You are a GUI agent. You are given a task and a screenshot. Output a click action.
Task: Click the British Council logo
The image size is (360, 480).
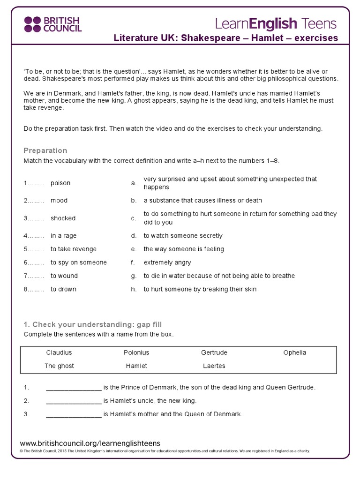tap(52, 24)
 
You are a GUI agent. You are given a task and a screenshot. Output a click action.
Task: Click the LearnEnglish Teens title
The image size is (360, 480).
tap(276, 23)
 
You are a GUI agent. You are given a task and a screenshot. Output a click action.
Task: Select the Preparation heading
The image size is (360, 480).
tap(45, 150)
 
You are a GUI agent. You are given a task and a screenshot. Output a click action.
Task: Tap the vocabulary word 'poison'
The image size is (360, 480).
tap(60, 183)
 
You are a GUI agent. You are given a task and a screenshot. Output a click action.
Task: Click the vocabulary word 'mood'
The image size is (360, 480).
tap(59, 200)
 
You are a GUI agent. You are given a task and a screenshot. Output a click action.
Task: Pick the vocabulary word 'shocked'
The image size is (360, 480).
tap(63, 218)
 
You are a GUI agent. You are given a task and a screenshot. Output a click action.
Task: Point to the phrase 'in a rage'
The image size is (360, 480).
tap(63, 236)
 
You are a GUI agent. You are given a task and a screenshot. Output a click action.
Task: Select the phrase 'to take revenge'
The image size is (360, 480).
tap(73, 249)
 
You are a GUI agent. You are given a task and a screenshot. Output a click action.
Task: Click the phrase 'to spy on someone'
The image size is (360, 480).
tap(78, 262)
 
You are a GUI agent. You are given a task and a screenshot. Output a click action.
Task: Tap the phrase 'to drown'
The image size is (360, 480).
tap(63, 289)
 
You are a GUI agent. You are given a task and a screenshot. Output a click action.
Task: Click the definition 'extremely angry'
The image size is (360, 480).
tap(167, 262)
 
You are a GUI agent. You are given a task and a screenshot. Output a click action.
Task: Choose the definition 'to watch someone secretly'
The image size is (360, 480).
tap(183, 236)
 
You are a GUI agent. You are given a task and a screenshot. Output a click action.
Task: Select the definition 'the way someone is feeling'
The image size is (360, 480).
tap(184, 249)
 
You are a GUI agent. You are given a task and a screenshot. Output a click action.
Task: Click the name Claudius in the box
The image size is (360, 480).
tap(59, 352)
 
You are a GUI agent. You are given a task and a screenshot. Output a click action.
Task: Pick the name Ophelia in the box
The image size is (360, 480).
tap(294, 352)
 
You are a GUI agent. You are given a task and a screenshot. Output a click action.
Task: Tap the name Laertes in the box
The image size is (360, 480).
tap(214, 366)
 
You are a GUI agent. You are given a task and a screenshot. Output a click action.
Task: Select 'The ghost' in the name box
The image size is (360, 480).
tap(59, 366)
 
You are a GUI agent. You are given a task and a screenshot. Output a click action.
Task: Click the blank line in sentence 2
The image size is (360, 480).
tap(74, 401)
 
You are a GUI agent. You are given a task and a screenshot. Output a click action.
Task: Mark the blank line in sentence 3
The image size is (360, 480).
tap(74, 414)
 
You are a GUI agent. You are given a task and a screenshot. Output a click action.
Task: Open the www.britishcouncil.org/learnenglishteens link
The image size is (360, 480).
tap(90, 443)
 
